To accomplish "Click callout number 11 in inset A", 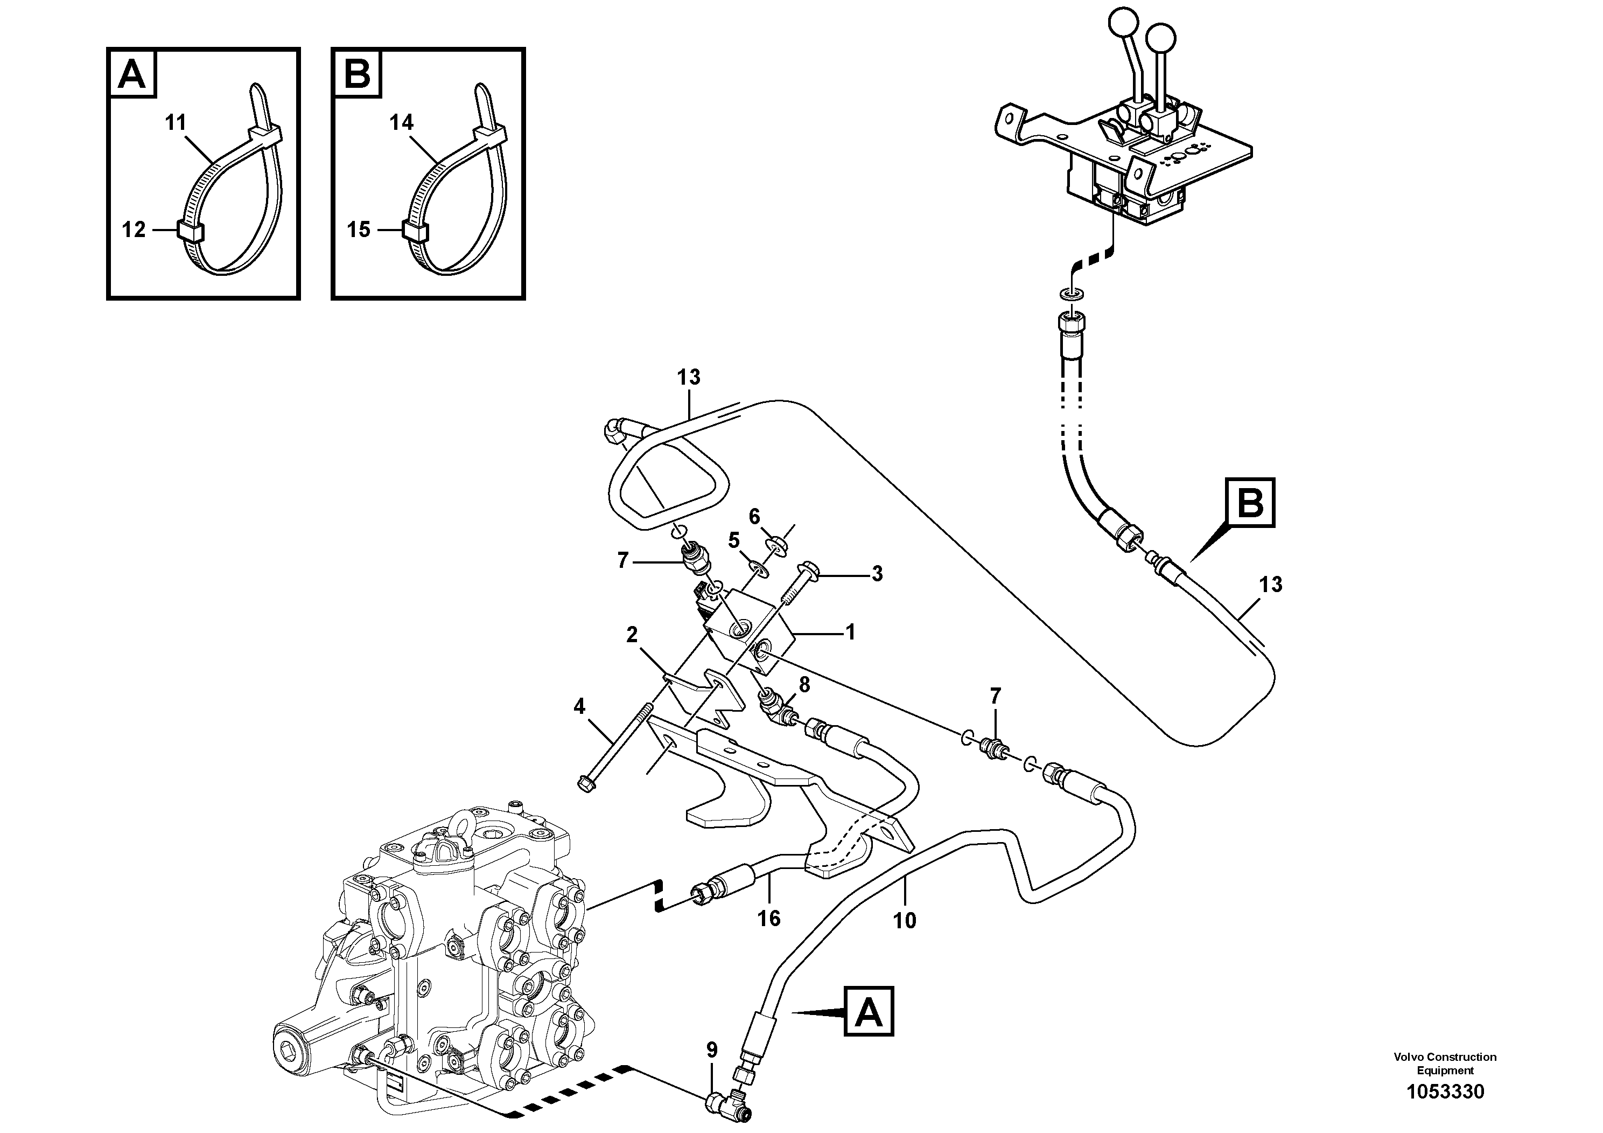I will point(175,123).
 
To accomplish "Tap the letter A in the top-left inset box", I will point(132,73).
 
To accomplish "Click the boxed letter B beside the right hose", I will point(1249,502).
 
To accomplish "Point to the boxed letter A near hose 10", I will point(869,1011).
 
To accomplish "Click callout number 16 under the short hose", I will point(769,918).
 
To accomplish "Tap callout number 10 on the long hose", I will point(904,921).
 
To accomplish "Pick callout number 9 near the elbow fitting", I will point(711,1049).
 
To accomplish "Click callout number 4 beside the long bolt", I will point(579,707).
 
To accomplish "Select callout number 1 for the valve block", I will point(850,632).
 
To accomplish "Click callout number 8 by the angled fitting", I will point(804,685).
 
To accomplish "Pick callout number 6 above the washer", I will point(754,517).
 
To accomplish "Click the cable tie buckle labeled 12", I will point(190,231).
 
